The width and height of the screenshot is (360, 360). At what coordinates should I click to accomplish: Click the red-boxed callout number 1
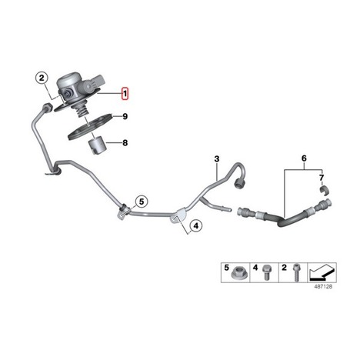coord(125,94)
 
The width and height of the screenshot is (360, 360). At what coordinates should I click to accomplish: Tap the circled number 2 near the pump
coord(42,78)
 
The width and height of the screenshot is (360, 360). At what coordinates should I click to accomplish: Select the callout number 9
coord(125,117)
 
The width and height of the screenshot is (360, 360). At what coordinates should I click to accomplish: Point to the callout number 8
coord(125,143)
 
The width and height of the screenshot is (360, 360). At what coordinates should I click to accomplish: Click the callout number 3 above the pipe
coord(217,159)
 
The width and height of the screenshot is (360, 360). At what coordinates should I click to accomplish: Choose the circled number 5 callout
coord(142,202)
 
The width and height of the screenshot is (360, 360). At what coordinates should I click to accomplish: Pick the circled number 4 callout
coord(196,226)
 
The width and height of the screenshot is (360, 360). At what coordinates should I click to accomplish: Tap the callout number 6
coord(304,158)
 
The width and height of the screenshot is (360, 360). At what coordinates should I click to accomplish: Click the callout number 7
coord(322,178)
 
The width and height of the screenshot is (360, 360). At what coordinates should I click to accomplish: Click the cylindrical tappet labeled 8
coord(97,145)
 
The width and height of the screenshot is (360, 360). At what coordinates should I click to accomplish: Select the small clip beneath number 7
coord(325,191)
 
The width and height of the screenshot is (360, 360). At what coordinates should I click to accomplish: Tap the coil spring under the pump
coord(82,112)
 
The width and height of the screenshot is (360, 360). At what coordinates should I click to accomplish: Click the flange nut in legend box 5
coord(238,273)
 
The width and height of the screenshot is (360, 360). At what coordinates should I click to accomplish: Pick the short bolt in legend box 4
coord(265,272)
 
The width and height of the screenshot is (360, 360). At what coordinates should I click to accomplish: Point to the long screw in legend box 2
coord(296,273)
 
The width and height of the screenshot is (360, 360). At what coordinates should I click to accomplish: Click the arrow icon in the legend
coord(322,272)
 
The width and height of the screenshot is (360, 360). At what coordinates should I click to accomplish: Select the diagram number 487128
coord(323,287)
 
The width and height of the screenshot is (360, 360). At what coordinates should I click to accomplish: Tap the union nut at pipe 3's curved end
coord(239,182)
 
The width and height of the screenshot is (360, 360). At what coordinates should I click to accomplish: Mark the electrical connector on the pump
coord(98,81)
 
